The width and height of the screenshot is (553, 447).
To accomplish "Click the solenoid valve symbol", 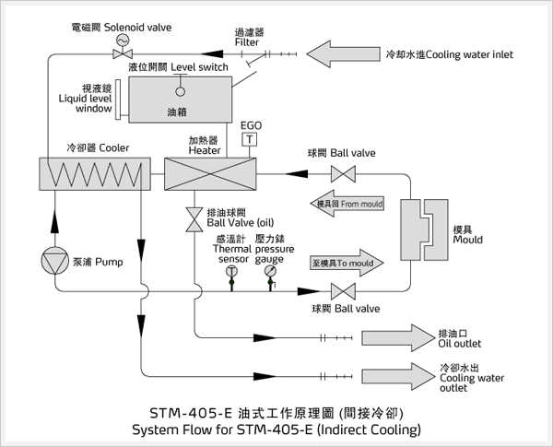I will (118, 54).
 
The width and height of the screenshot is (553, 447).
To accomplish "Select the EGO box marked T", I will (246, 138).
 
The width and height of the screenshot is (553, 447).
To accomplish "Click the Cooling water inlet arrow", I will (344, 54).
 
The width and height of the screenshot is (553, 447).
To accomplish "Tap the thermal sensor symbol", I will (231, 273).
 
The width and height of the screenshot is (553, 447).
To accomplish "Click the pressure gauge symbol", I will (270, 273).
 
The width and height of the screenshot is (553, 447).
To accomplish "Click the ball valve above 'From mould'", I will (345, 172).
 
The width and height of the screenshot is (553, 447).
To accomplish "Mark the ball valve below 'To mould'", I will (345, 290).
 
